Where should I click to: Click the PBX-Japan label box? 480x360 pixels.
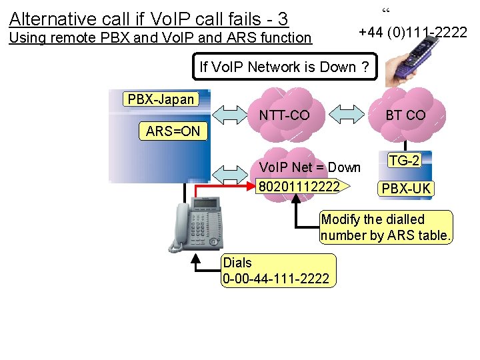click(x=161, y=99)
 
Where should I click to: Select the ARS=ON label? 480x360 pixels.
click(x=173, y=131)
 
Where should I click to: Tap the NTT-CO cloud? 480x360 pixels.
click(x=285, y=115)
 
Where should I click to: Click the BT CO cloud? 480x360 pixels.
click(x=406, y=115)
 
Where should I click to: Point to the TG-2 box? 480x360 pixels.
click(x=405, y=161)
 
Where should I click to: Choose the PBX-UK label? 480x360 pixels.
click(x=405, y=189)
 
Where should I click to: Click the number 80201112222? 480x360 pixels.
click(x=298, y=185)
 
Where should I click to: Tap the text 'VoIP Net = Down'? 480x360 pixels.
click(x=309, y=167)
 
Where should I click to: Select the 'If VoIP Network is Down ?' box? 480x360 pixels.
click(x=284, y=67)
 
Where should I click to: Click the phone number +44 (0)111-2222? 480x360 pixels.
click(x=413, y=31)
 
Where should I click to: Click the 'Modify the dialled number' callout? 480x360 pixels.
click(x=386, y=227)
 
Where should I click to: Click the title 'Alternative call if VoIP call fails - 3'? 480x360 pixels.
click(x=149, y=18)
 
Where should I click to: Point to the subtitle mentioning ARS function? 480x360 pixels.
click(x=160, y=38)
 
